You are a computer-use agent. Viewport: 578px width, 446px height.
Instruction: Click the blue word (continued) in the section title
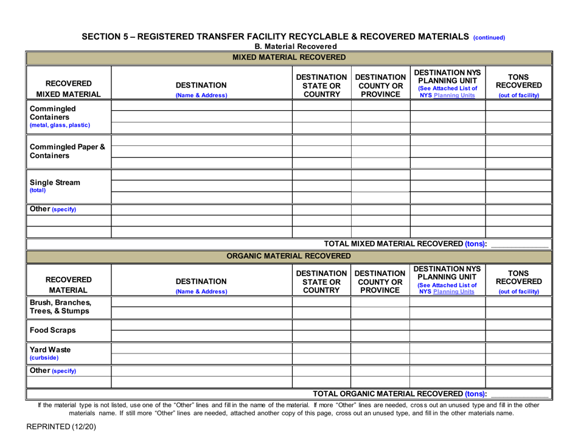click(x=489, y=37)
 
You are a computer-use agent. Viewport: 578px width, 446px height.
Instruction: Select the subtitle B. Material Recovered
click(x=295, y=46)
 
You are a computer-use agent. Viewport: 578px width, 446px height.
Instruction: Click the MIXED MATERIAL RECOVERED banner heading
click(x=289, y=58)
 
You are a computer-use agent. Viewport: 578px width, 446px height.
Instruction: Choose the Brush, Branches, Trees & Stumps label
click(x=61, y=307)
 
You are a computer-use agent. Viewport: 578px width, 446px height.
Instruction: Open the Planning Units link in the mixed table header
click(x=455, y=96)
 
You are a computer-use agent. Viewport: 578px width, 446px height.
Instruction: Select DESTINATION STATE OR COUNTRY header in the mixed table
click(x=321, y=86)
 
